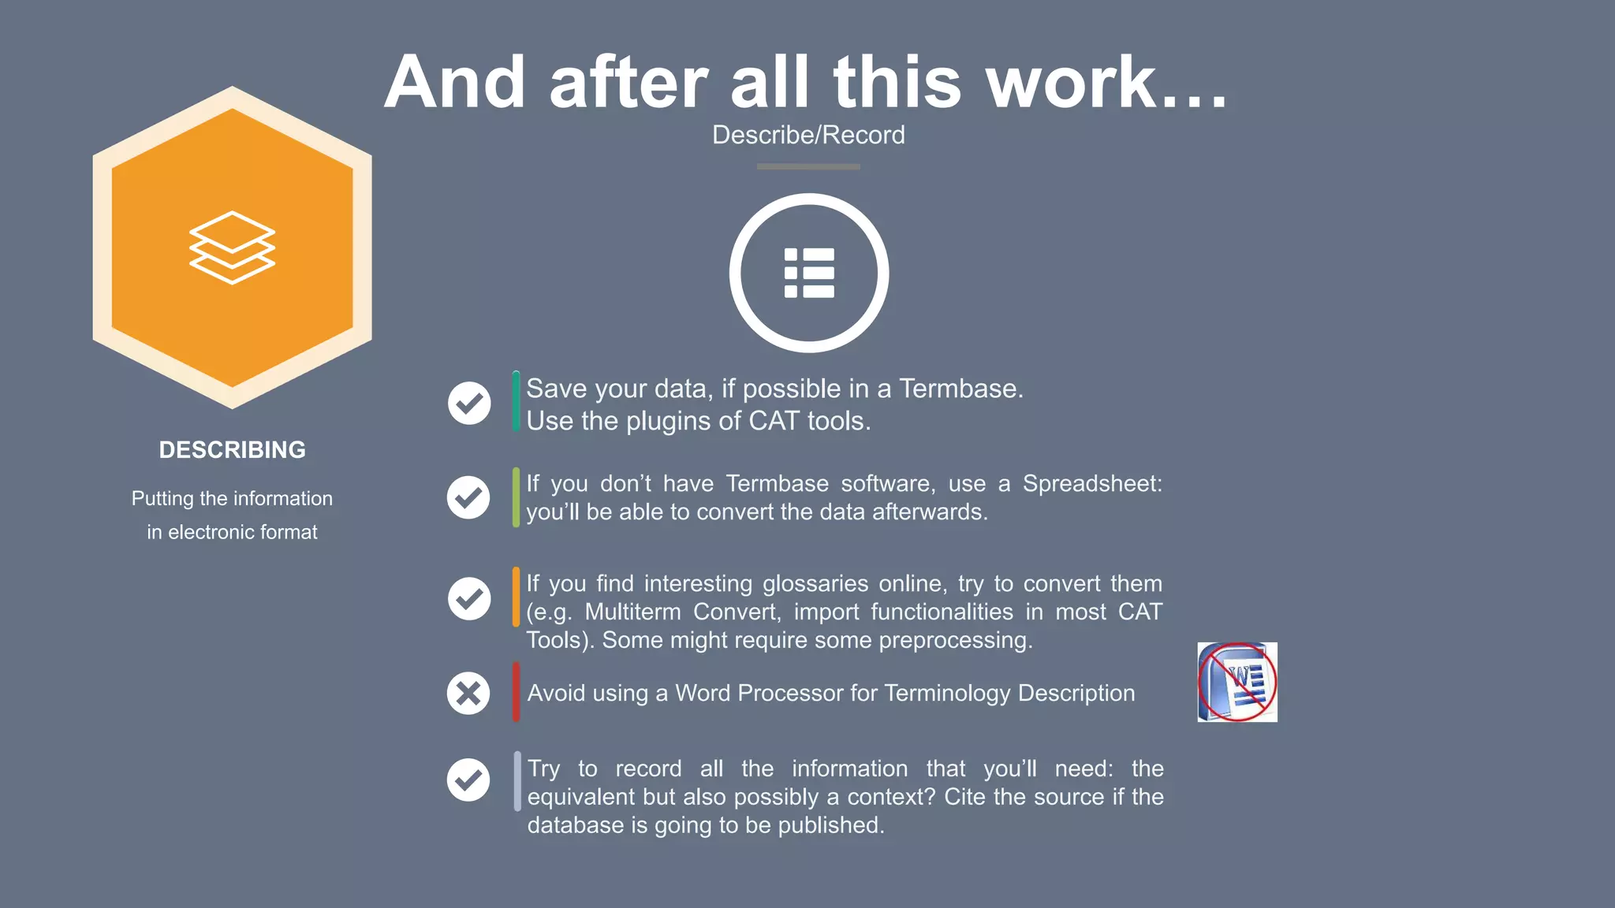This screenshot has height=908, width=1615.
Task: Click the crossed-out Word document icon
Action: pyautogui.click(x=1236, y=682)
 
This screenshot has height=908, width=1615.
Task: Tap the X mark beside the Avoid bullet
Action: pyautogui.click(x=468, y=694)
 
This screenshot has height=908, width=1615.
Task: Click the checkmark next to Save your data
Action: pyautogui.click(x=469, y=403)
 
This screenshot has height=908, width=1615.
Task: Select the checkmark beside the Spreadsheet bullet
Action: pyautogui.click(x=468, y=497)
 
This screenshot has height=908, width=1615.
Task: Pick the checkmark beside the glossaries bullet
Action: pyautogui.click(x=469, y=598)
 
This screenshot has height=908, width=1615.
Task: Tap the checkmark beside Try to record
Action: pyautogui.click(x=468, y=780)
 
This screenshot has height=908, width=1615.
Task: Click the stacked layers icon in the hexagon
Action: pyautogui.click(x=232, y=247)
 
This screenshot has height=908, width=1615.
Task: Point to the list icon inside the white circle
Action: pyautogui.click(x=809, y=273)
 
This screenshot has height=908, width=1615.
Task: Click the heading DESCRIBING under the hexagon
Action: pyautogui.click(x=232, y=449)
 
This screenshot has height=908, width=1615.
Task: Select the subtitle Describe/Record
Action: pyautogui.click(x=808, y=135)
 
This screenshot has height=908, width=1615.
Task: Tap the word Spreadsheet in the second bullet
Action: pyautogui.click(x=1092, y=483)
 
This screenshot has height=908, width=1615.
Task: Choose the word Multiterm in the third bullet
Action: pyautogui.click(x=632, y=612)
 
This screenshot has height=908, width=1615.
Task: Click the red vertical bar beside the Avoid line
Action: pyautogui.click(x=516, y=692)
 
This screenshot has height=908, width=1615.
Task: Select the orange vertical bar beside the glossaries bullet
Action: pyautogui.click(x=516, y=597)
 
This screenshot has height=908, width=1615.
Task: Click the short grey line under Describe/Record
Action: pyautogui.click(x=808, y=166)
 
